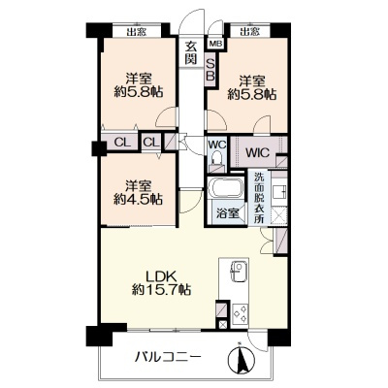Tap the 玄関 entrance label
point(191,52)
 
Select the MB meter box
point(215,44)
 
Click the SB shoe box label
point(210,70)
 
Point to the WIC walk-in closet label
point(257,152)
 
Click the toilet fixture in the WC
point(216,158)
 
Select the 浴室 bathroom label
point(228,213)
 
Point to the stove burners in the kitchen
point(240,313)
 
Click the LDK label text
point(161,276)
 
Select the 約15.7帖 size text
point(161,289)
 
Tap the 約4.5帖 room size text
point(138,200)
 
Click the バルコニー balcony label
point(168,357)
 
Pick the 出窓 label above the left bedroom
point(136,32)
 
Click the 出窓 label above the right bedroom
point(250,32)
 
